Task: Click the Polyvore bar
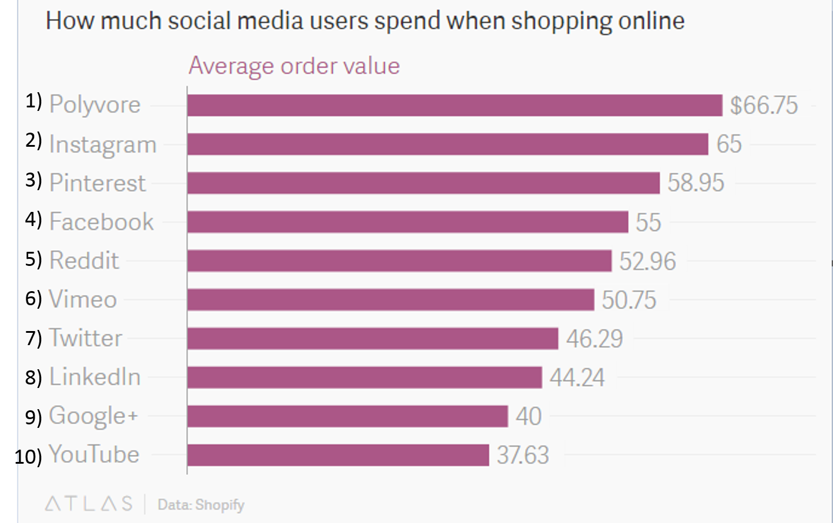pos(454,105)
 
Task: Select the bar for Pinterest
pos(423,183)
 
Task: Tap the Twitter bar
pos(372,338)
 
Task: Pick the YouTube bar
pos(338,455)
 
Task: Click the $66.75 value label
pos(764,105)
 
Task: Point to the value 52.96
pos(647,261)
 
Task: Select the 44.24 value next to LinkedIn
pos(577,377)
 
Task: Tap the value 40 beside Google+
pos(528,416)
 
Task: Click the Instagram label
pos(103,144)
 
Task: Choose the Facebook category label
pos(101,222)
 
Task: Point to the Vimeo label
pos(83,299)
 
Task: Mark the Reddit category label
pos(84,261)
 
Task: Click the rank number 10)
pos(28,456)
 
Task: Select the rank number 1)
pos(33,102)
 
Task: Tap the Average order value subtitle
pos(294,66)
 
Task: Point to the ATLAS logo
pos(89,504)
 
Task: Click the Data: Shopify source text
pos(201,505)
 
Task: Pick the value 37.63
pos(523,455)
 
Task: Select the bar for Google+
pos(347,416)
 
